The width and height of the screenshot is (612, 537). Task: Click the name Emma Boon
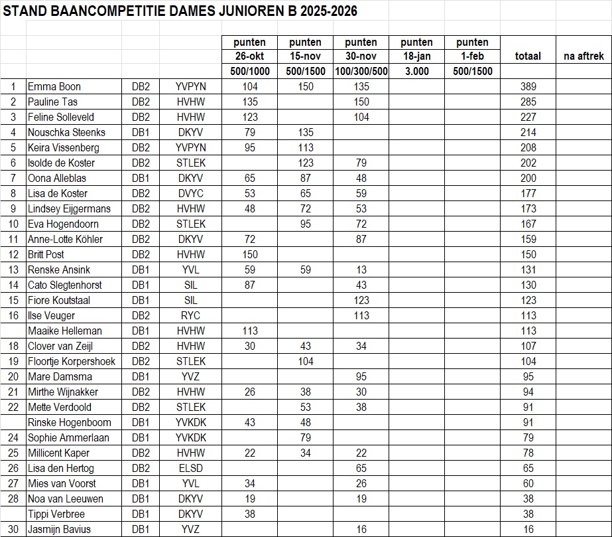coord(54,87)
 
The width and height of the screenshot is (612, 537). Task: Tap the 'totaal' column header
coord(528,56)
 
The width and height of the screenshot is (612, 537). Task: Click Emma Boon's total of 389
coord(528,87)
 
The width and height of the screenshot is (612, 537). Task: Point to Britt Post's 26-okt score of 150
coord(250,255)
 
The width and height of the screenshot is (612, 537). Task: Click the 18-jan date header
coord(416,56)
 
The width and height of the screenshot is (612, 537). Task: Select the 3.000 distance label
coord(416,72)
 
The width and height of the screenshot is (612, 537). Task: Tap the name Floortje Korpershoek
coord(72,362)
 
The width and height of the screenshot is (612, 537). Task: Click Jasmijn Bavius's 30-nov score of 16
coord(361,530)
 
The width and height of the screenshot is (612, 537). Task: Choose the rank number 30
coord(13,530)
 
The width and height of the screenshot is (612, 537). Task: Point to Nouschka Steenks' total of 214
coord(528,133)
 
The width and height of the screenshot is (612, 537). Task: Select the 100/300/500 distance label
coord(361,72)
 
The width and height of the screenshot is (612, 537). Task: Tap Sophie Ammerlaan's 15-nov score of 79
coord(306,438)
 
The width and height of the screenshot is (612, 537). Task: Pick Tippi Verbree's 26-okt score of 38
coord(250,514)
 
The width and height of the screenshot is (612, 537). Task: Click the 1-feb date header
coord(472,56)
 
